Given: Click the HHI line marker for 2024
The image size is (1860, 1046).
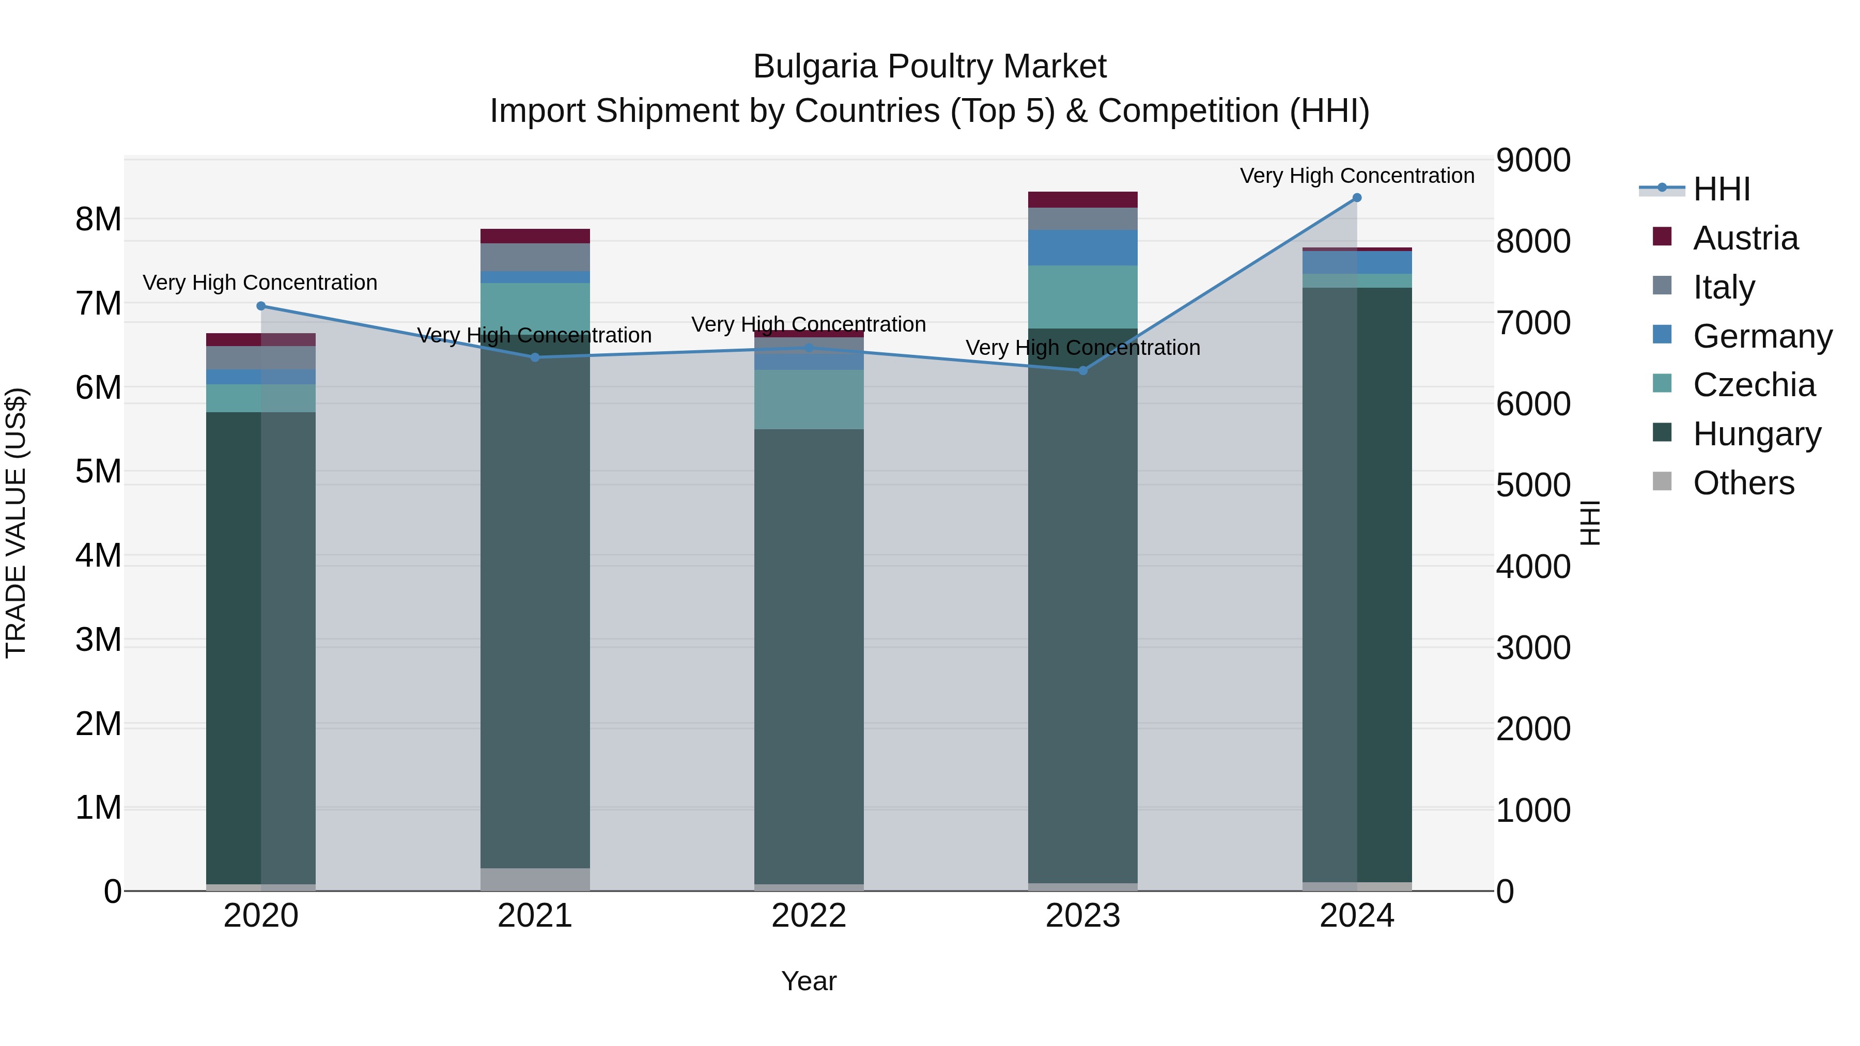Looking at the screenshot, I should (1357, 198).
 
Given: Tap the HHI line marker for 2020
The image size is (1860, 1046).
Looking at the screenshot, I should (261, 306).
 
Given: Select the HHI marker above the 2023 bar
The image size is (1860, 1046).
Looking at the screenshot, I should (1082, 370).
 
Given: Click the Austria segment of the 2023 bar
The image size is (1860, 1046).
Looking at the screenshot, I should (1082, 199).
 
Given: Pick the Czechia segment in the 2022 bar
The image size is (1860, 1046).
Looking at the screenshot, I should (809, 399).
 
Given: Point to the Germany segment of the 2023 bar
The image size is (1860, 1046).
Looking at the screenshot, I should (1082, 247).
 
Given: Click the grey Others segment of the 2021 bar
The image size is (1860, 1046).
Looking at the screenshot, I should (535, 879).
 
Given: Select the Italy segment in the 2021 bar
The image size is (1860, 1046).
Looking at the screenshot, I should (535, 257).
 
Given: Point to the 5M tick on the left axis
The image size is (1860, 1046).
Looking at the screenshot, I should (98, 472).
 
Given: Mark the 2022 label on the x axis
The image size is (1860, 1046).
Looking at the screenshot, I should (809, 915).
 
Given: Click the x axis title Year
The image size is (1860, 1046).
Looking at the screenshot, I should (809, 981).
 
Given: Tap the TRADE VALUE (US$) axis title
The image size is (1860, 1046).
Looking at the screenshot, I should (16, 523).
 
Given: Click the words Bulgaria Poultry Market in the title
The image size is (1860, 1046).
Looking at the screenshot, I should (929, 67).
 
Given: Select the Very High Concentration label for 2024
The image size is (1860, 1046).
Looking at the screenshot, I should (1357, 176).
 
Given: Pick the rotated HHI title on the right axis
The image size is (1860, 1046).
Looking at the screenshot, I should (1590, 523).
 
